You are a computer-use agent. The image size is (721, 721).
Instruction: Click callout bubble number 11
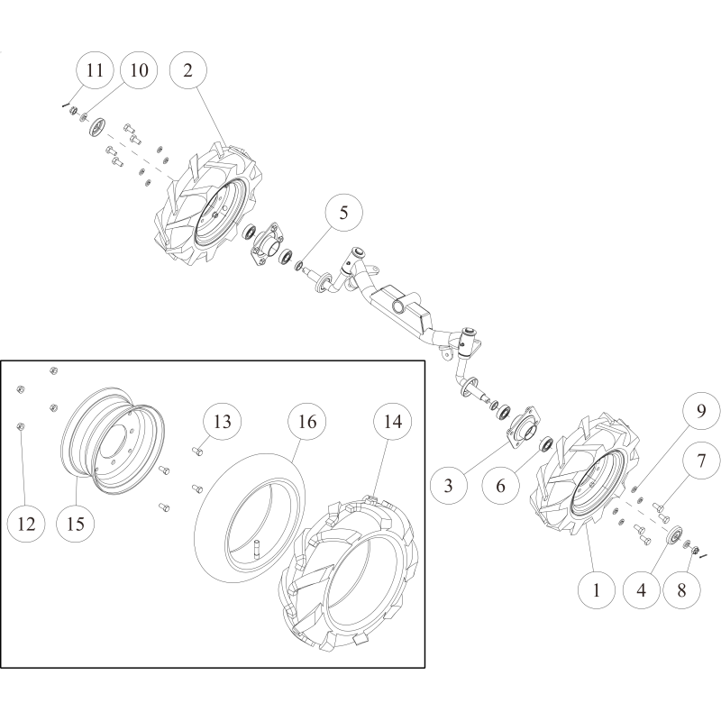tap(93, 70)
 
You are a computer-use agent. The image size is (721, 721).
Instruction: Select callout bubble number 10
tap(138, 70)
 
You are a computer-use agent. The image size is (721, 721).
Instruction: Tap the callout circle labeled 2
tap(187, 70)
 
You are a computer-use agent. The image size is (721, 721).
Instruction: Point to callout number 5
tap(343, 214)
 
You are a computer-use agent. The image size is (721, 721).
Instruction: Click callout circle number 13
tap(222, 421)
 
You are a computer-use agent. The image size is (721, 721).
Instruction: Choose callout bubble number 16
tap(306, 421)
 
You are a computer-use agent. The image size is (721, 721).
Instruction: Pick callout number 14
tap(392, 421)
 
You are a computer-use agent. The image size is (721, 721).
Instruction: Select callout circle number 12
tap(26, 523)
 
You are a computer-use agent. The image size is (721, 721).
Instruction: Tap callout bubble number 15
tap(76, 523)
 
